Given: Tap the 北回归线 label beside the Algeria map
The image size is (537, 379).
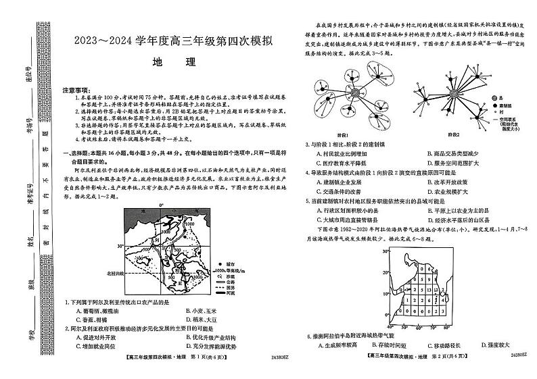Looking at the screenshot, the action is [107, 272].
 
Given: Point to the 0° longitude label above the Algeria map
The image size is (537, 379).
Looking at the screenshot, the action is [162, 205].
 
